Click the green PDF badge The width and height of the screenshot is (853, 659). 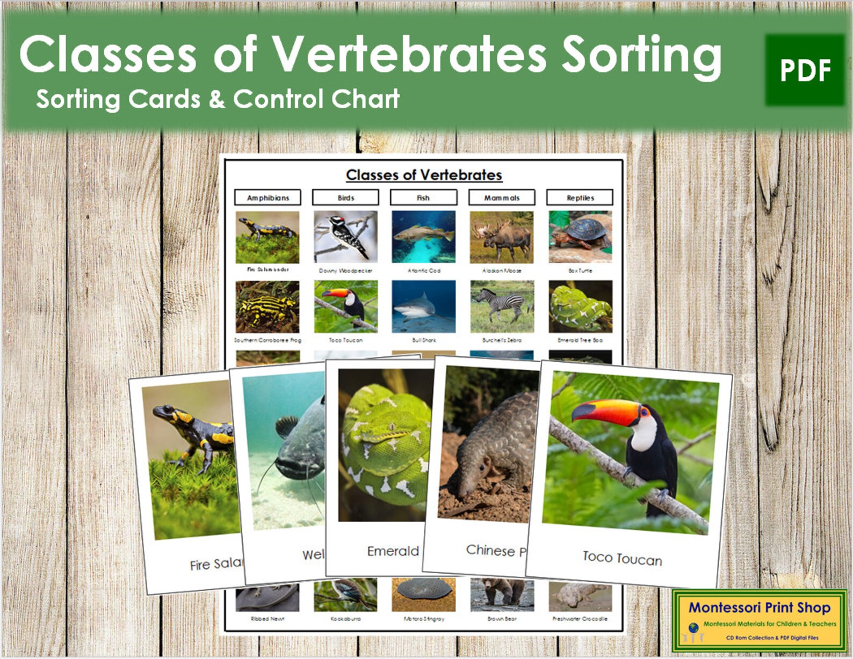click(x=805, y=70)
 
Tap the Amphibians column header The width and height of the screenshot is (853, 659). click(x=268, y=197)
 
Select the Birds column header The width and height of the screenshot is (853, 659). click(x=345, y=197)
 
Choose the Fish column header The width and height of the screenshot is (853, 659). click(x=423, y=197)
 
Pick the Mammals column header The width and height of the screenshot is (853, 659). click(x=502, y=197)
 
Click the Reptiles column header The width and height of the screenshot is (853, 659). click(x=580, y=197)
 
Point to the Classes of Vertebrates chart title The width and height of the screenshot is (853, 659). click(x=424, y=175)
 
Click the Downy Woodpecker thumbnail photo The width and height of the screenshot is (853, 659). click(x=345, y=236)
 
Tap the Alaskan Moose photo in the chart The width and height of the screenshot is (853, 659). click(x=502, y=236)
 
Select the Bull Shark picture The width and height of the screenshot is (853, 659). click(x=423, y=306)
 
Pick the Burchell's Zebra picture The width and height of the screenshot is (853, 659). click(x=502, y=306)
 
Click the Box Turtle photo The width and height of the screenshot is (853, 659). click(x=580, y=236)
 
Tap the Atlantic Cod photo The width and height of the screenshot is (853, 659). click(x=423, y=236)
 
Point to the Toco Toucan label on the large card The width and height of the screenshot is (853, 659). click(x=622, y=558)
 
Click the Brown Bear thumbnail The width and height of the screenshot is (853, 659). click(x=502, y=595)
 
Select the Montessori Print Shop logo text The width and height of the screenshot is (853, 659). click(x=760, y=607)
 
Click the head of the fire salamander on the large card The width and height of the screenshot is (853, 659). click(x=164, y=413)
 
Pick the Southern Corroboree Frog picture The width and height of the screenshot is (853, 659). click(x=267, y=306)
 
